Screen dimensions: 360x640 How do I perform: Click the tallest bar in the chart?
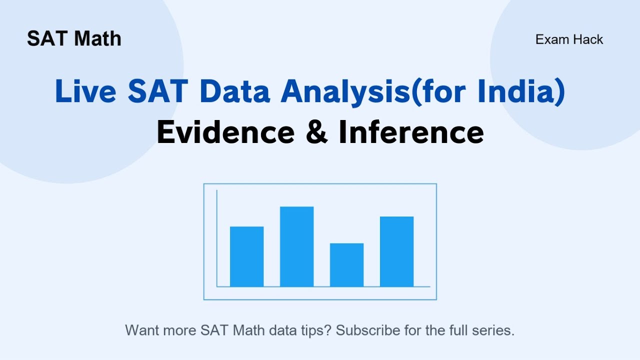click(296, 246)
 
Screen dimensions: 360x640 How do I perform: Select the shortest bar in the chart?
click(346, 265)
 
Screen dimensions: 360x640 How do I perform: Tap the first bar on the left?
click(246, 256)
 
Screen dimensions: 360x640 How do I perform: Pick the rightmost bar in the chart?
click(396, 251)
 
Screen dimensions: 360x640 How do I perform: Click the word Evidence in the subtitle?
click(225, 132)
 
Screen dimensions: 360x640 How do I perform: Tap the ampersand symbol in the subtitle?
click(316, 133)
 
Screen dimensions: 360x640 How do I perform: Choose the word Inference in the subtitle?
click(411, 132)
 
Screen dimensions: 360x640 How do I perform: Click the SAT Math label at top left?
click(74, 39)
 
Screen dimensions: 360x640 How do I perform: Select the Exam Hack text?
click(569, 39)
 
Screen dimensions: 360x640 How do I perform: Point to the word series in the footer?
click(496, 330)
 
